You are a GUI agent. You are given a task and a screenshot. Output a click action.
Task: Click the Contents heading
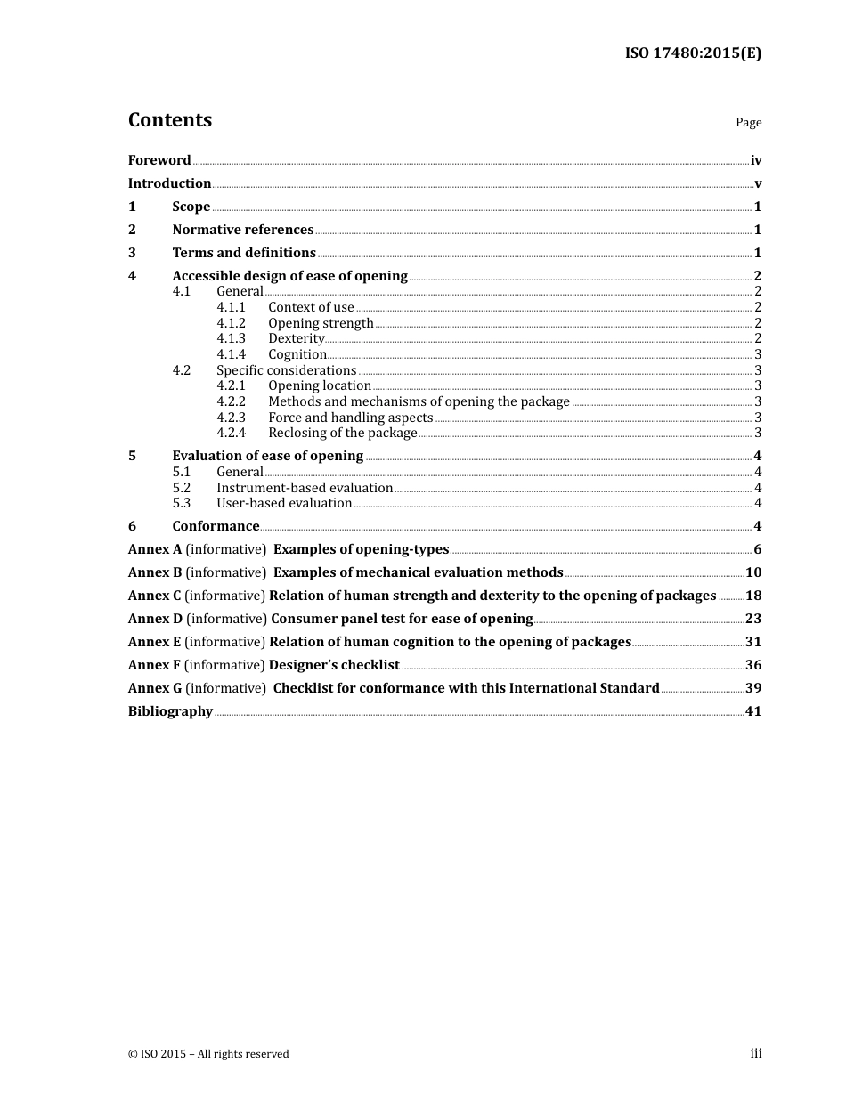(x=170, y=120)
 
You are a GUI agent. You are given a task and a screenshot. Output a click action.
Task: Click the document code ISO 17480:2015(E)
(x=693, y=53)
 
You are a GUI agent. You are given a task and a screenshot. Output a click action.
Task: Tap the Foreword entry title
(x=159, y=160)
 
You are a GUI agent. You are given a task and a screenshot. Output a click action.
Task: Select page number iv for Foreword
(x=755, y=160)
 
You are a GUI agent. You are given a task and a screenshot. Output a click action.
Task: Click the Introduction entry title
(x=169, y=183)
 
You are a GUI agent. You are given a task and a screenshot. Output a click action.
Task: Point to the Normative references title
(x=242, y=230)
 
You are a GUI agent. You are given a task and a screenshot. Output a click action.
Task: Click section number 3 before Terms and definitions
(x=132, y=253)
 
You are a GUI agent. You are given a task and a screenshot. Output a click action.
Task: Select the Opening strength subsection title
(x=321, y=323)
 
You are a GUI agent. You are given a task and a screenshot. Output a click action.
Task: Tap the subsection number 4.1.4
(x=231, y=354)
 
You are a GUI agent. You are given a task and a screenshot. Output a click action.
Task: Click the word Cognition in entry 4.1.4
(x=297, y=354)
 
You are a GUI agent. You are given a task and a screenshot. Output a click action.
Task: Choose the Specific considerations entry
(x=286, y=370)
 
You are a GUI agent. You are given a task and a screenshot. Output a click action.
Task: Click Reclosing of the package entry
(x=342, y=433)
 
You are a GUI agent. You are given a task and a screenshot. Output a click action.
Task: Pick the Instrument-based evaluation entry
(x=305, y=488)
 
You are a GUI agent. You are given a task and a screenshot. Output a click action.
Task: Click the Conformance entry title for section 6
(x=216, y=526)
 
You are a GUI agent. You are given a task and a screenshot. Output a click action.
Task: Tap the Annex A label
(x=155, y=549)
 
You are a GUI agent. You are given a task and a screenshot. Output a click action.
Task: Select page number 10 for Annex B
(x=753, y=572)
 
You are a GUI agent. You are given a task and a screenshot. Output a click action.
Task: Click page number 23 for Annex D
(x=753, y=619)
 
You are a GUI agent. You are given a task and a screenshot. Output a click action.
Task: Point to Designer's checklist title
(x=334, y=665)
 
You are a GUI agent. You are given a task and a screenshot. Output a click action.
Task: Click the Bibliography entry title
(x=170, y=711)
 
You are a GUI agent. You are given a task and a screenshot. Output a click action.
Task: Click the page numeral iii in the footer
(x=755, y=1053)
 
